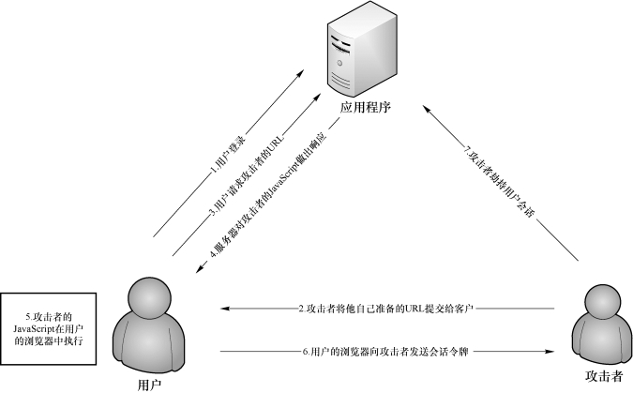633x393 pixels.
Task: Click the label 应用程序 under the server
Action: pyautogui.click(x=366, y=108)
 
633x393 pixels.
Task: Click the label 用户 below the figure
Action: pyautogui.click(x=149, y=385)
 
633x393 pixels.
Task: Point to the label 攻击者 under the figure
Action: pyautogui.click(x=604, y=376)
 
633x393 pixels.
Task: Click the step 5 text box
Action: pyautogui.click(x=49, y=329)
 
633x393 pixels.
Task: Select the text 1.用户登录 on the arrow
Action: pyautogui.click(x=229, y=155)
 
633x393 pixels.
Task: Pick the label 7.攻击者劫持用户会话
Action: pyautogui.click(x=500, y=183)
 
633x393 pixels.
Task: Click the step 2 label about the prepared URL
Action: pyautogui.click(x=385, y=309)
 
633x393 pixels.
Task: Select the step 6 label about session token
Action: pyautogui.click(x=385, y=352)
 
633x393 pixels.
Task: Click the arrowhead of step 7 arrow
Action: pyautogui.click(x=427, y=109)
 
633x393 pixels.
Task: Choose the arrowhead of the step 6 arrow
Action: pyautogui.click(x=550, y=352)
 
